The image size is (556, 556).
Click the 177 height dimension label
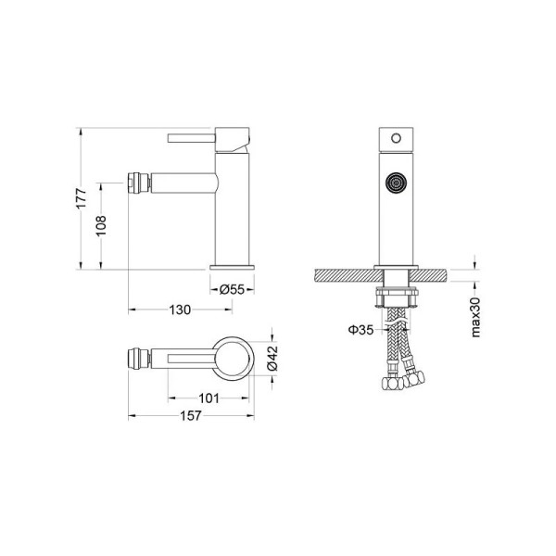[82, 198]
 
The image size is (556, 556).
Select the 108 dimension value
[101, 225]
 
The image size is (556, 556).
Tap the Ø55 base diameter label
[232, 290]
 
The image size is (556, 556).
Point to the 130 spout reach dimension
[180, 310]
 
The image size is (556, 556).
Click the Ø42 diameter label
[272, 358]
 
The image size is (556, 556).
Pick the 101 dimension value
[208, 398]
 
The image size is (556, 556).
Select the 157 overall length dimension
[191, 415]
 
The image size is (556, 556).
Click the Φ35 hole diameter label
[361, 330]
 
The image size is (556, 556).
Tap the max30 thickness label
[475, 317]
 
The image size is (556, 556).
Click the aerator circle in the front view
[396, 183]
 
